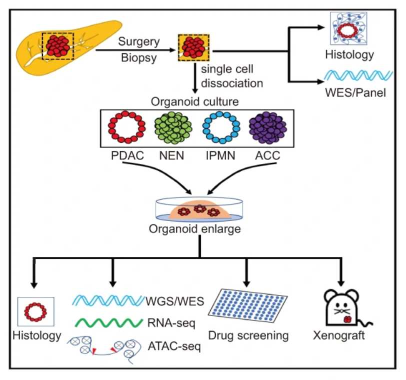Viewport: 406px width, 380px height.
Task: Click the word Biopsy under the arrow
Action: [x=137, y=58]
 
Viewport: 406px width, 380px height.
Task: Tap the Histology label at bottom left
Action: [x=36, y=334]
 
